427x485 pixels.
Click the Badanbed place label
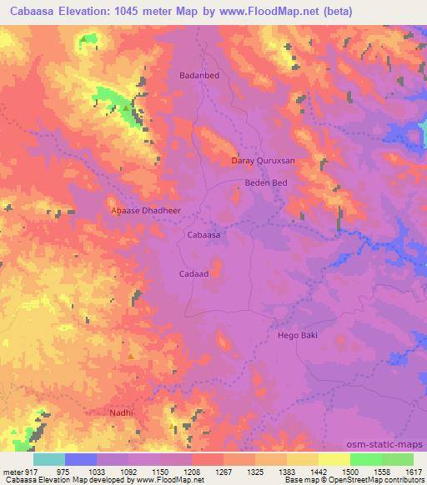[x=199, y=75]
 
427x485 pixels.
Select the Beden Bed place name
[x=265, y=182]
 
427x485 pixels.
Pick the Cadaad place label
[x=193, y=272]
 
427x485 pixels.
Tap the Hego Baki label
[x=298, y=335]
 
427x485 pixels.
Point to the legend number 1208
[x=191, y=471]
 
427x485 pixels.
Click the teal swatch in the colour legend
[x=48, y=459]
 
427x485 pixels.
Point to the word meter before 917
[x=11, y=471]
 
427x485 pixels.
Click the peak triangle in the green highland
[x=126, y=108]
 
